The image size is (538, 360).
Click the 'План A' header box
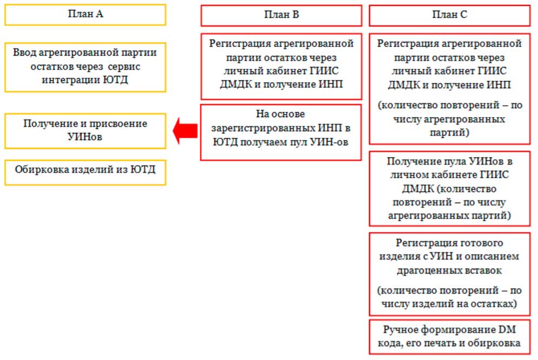click(x=85, y=15)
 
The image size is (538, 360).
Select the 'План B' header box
click(x=281, y=16)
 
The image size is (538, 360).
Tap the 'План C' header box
click(x=449, y=16)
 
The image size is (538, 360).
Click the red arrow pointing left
click(x=185, y=131)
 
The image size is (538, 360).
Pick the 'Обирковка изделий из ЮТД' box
click(x=85, y=173)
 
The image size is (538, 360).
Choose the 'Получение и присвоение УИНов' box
click(x=85, y=131)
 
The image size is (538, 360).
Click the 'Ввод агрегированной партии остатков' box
click(x=85, y=67)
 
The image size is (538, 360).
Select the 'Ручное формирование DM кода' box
click(x=449, y=337)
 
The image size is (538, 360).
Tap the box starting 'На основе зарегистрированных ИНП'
click(x=281, y=132)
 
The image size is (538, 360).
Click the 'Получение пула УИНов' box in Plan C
click(x=449, y=188)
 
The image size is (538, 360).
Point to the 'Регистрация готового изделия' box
click(x=449, y=274)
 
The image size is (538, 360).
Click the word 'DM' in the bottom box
click(x=507, y=329)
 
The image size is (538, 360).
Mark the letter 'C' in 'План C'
click(x=463, y=15)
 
